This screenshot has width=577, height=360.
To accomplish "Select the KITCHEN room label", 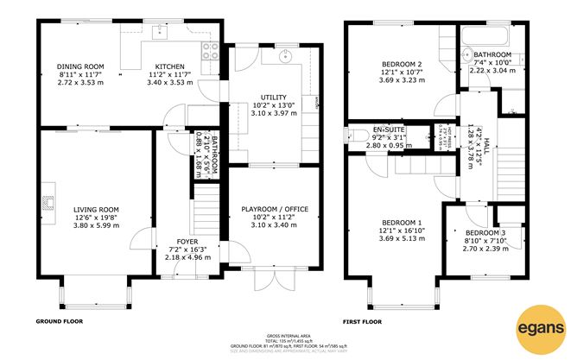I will pos(168,66).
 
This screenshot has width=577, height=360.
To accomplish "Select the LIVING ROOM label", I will pos(95,209).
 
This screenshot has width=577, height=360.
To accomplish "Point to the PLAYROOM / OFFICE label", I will pos(274,209).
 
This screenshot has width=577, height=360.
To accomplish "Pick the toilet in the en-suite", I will pos(355,135).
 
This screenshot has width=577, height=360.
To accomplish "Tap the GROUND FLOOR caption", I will pos(58,321).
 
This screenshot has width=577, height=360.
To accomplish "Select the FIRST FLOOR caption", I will pos(362,321).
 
